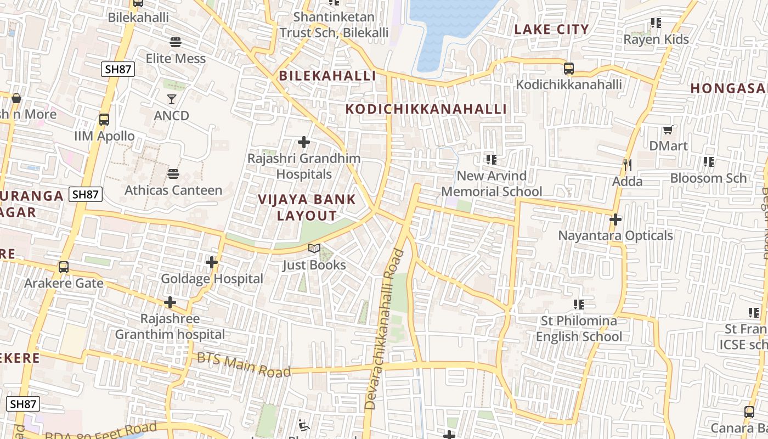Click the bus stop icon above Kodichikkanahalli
[569, 69]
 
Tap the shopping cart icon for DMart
[668, 130]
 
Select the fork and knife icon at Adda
[627, 164]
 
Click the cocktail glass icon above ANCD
[172, 99]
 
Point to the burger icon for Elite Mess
[176, 42]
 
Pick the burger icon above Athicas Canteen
[173, 174]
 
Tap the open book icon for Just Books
[314, 249]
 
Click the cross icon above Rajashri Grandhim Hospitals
[303, 142]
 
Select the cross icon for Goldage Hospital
[212, 262]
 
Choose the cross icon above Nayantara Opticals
[615, 219]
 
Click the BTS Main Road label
[244, 365]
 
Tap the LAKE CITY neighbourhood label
[551, 30]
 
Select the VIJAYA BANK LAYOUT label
[307, 207]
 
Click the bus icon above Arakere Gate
[64, 267]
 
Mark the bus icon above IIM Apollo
[104, 119]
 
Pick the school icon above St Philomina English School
[578, 304]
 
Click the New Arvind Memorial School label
[492, 184]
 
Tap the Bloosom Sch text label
[708, 178]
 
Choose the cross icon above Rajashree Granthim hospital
[170, 302]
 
